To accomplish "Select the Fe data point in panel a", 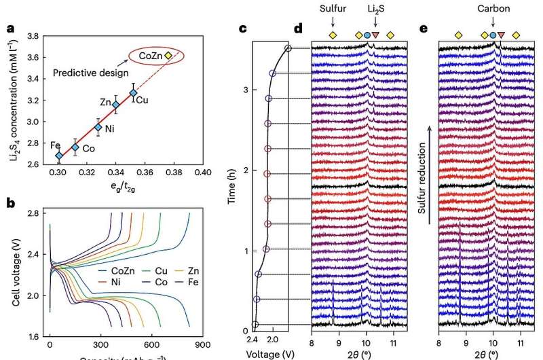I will coord(59,156).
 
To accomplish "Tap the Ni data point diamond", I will coord(98,127).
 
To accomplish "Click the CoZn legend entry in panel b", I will coord(115,270).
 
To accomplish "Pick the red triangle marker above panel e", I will coord(501,35).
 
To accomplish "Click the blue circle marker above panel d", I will coord(367,35).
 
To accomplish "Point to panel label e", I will coord(424,29).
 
